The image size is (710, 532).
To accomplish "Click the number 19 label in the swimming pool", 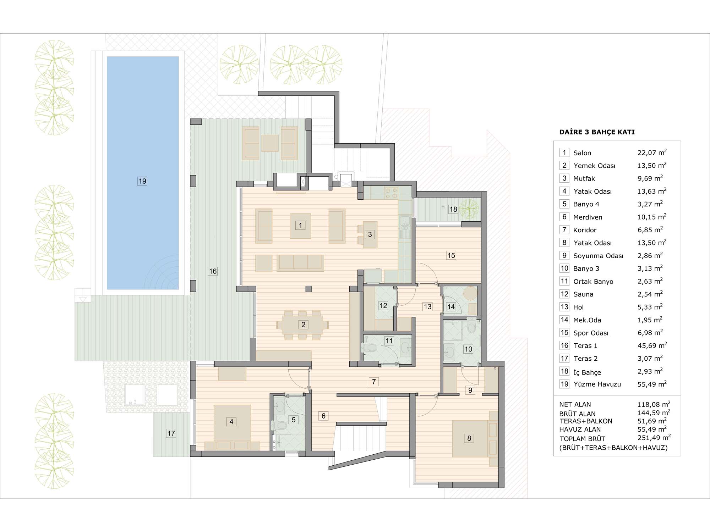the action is click(142, 181).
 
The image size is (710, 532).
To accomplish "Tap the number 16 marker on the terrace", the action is click(213, 271).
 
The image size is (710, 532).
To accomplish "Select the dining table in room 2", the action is click(302, 325).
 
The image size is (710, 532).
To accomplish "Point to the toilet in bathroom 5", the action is click(280, 425).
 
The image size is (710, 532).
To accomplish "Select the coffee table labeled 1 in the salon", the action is click(300, 226).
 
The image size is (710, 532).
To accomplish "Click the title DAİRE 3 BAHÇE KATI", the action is click(597, 132).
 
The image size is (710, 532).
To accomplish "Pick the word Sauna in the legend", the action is click(583, 294).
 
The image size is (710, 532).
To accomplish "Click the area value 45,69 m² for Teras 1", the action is click(652, 345).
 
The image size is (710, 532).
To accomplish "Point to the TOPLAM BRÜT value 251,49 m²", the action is click(654, 438).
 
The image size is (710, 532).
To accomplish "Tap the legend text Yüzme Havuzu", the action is click(597, 384).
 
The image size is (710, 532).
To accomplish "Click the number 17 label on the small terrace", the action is click(171, 433).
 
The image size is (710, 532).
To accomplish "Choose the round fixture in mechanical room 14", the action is click(471, 293).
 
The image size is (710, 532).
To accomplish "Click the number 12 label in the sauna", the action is click(383, 305).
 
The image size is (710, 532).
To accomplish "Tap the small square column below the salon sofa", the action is click(308, 289).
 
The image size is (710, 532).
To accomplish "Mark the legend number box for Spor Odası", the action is click(564, 333).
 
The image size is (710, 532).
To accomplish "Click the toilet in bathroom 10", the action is click(471, 326).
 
